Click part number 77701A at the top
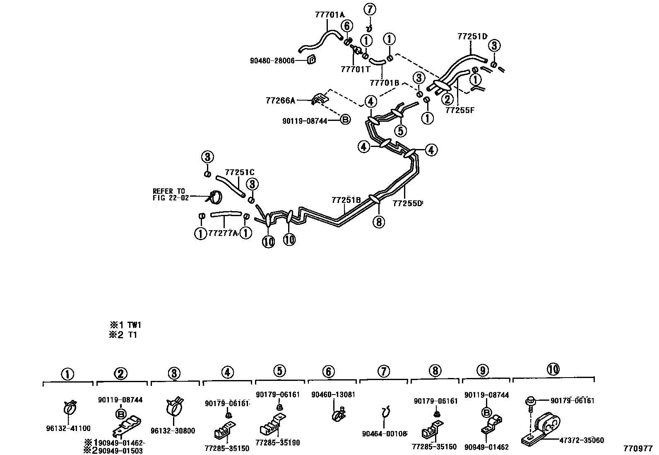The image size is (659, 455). point(329,15)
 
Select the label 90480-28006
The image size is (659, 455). point(272,60)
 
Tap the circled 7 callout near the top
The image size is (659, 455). point(370,9)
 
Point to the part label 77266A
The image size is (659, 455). point(280,101)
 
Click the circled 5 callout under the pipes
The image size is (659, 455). point(400,131)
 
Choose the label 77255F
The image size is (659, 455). point(460,111)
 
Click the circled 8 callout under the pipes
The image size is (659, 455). point(379,222)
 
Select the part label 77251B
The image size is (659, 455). point(346,200)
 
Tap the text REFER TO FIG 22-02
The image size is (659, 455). point(171,195)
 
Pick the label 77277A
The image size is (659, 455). point(223,234)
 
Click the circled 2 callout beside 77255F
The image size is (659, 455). point(447,99)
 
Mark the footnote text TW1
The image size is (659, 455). point(135,325)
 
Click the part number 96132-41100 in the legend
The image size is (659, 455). point(68,429)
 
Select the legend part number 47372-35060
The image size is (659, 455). point(581,440)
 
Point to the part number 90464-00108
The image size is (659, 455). point(385,434)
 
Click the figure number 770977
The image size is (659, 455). point(638,448)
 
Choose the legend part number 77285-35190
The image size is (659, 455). point(278,443)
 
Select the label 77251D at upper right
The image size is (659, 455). point(472,36)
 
